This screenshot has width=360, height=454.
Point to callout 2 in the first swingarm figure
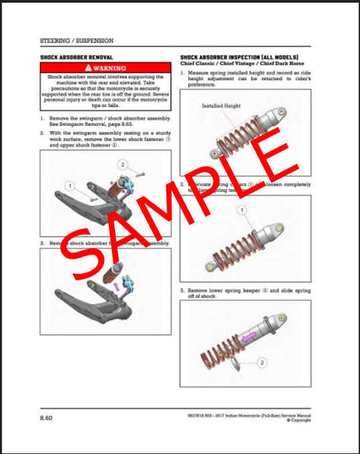(x=120, y=164)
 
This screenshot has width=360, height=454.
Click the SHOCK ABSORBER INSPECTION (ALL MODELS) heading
(x=239, y=58)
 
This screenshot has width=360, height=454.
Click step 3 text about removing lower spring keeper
(x=242, y=294)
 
